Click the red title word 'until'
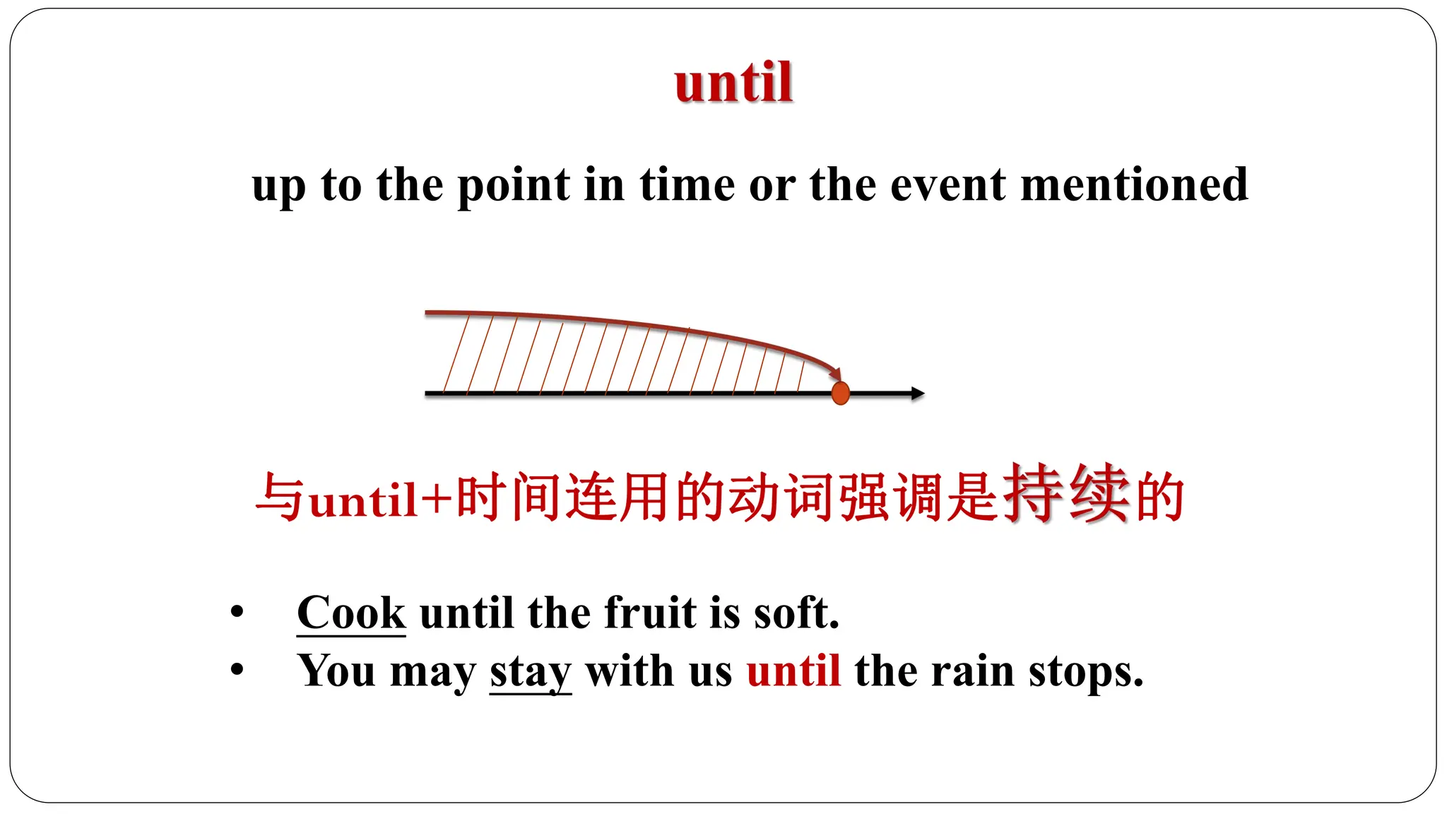point(733,83)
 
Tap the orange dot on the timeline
point(840,393)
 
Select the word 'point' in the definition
point(513,186)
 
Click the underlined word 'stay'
point(530,671)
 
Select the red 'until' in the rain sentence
point(793,671)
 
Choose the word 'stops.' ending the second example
point(1086,671)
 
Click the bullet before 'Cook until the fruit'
point(237,612)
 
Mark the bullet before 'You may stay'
point(237,670)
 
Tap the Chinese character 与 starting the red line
point(280,497)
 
